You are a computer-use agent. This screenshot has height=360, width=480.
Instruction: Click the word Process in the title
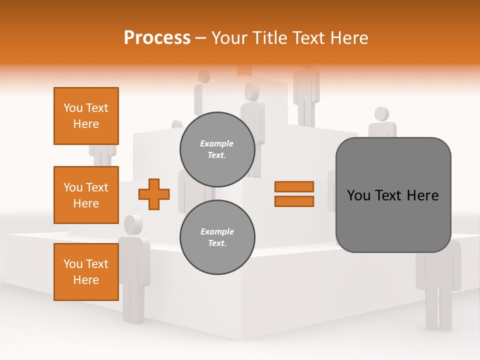(157, 38)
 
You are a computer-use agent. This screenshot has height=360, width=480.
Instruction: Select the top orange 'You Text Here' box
(86, 116)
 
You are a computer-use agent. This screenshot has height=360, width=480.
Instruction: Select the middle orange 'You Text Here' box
(86, 195)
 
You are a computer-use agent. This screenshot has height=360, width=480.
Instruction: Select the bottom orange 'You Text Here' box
(86, 272)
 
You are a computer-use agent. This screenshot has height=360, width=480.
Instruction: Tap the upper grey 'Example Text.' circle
(217, 149)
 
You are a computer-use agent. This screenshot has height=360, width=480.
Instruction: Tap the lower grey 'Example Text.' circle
(217, 237)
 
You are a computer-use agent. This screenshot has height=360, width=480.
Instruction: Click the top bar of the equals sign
(294, 186)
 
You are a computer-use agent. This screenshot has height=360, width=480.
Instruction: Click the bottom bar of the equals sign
(294, 201)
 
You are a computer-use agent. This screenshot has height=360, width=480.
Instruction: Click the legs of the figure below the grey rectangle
(438, 310)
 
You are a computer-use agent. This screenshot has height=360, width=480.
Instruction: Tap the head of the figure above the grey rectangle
(381, 114)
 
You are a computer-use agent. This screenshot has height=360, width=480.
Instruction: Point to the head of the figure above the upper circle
(252, 92)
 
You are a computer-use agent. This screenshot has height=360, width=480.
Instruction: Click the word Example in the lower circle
(217, 231)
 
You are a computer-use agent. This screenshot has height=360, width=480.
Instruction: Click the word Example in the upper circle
(217, 143)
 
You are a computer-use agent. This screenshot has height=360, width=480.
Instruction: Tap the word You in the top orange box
(72, 108)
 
